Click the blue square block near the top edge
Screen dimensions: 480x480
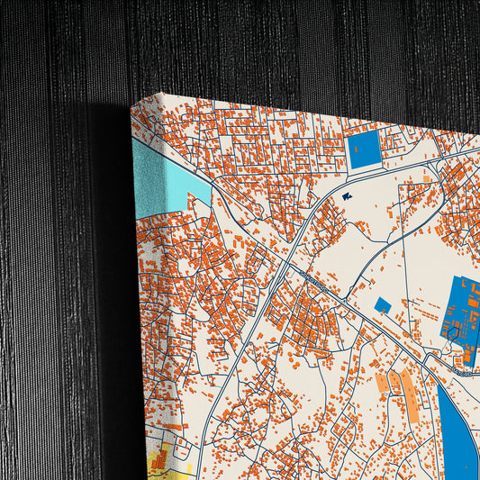[365, 150]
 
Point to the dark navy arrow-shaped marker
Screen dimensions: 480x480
[348, 196]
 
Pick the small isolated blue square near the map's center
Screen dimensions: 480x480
[383, 306]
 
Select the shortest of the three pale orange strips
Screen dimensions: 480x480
[382, 384]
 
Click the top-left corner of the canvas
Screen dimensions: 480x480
[132, 101]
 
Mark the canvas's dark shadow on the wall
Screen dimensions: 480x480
[113, 270]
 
